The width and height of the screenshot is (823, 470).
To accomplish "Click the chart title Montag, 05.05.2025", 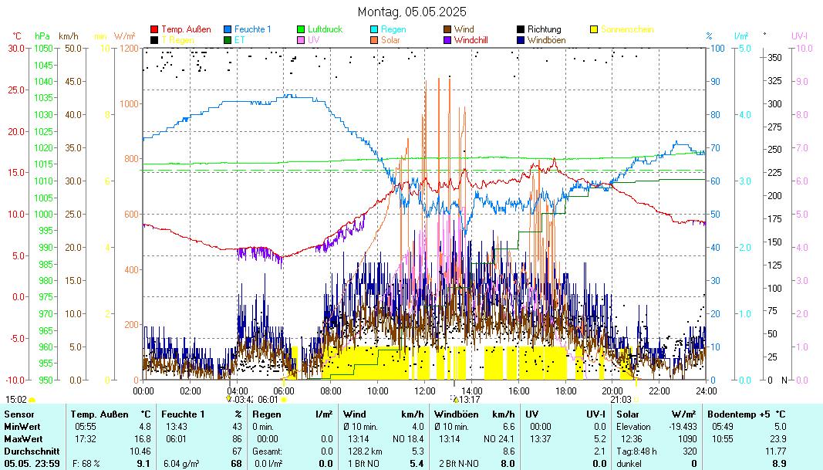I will pos(412,12).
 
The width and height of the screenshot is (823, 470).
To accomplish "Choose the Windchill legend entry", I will pos(471,39).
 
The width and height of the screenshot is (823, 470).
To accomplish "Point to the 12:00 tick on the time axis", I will pos(425,391).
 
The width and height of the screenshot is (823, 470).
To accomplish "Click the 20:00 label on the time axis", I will pos(612,391).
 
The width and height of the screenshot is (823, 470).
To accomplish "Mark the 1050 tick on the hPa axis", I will pos(43,49).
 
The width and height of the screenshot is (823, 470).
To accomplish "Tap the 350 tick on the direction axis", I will pos(775,58).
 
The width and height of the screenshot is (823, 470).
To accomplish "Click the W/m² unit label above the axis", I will pos(125,36).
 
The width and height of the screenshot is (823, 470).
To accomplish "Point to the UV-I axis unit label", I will pos(799,36).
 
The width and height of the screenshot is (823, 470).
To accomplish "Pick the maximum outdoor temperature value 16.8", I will pos(143,438).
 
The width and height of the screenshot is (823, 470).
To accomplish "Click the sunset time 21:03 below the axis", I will pos(621,400).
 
